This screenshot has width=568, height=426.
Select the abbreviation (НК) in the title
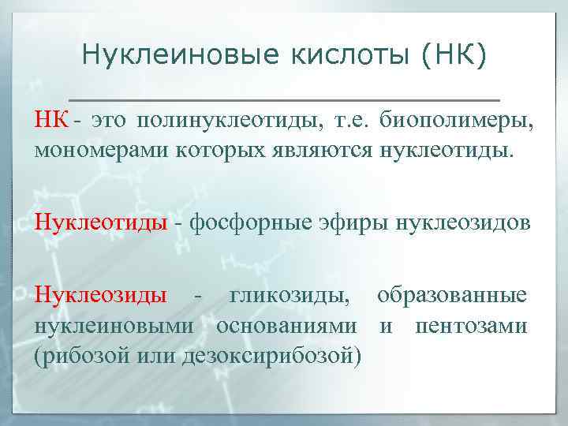(452, 54)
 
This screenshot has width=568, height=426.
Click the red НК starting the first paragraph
(50, 121)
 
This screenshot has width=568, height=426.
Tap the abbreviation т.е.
(350, 121)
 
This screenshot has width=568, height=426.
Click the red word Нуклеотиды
(100, 222)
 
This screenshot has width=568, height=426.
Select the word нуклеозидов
(462, 222)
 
